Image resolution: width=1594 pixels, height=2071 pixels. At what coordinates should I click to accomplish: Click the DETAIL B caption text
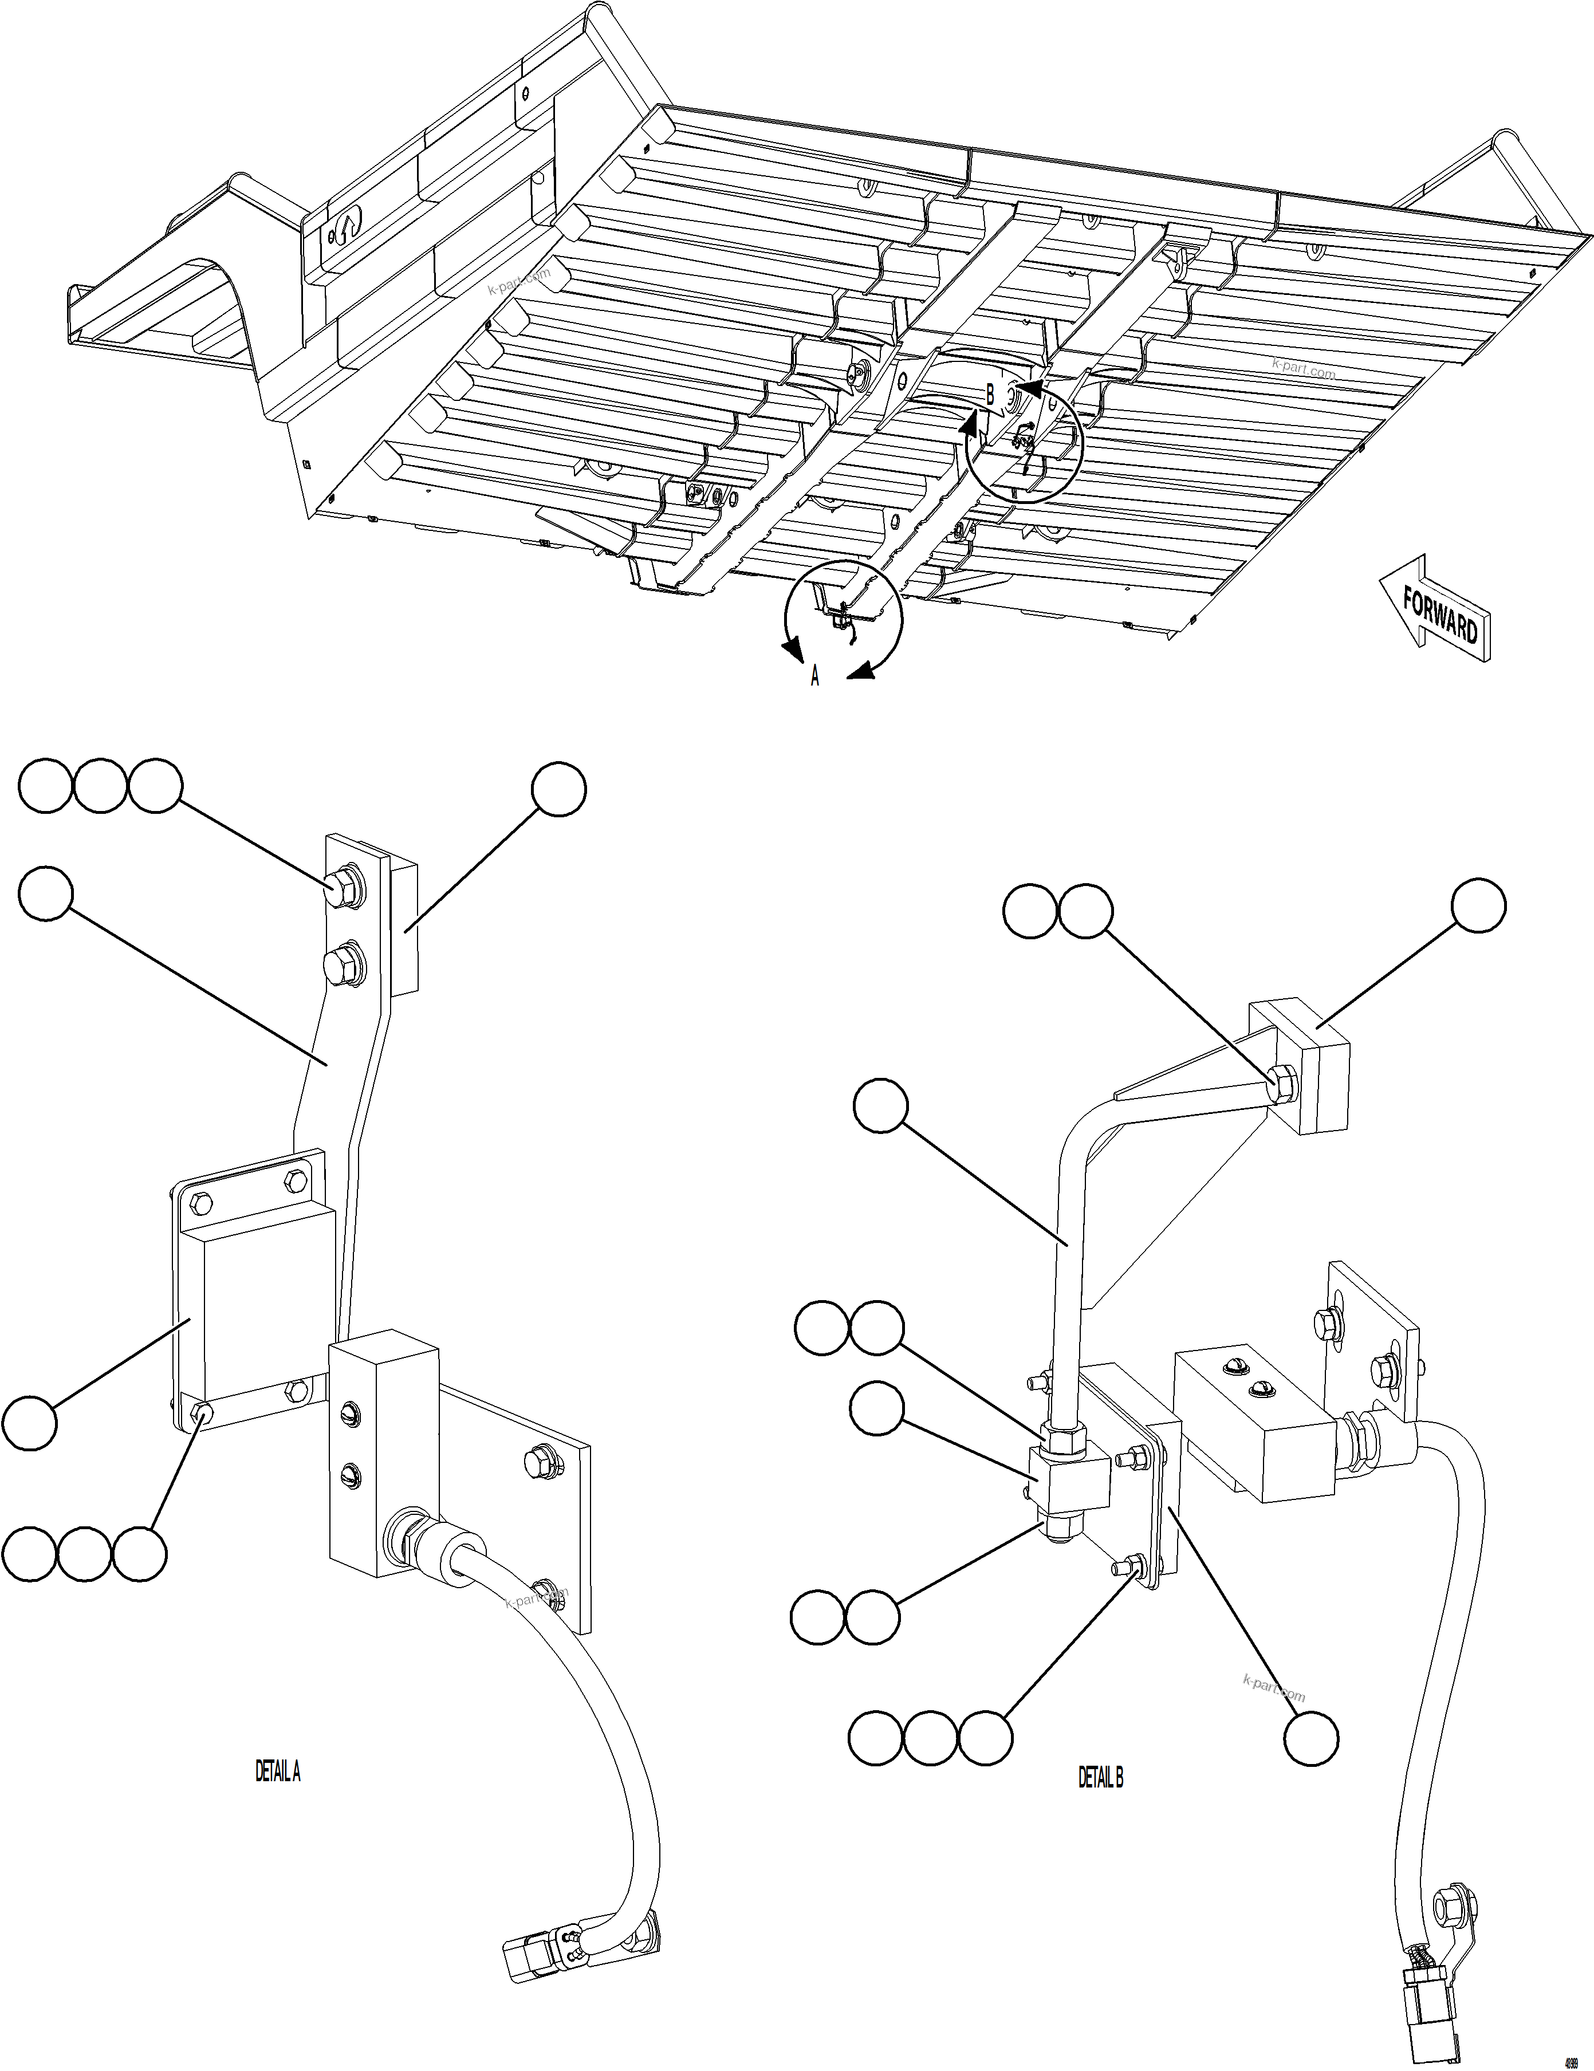1100,1778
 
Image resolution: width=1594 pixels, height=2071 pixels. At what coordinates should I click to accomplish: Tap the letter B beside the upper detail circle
990,395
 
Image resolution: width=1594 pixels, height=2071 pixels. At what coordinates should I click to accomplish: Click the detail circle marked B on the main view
1024,446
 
